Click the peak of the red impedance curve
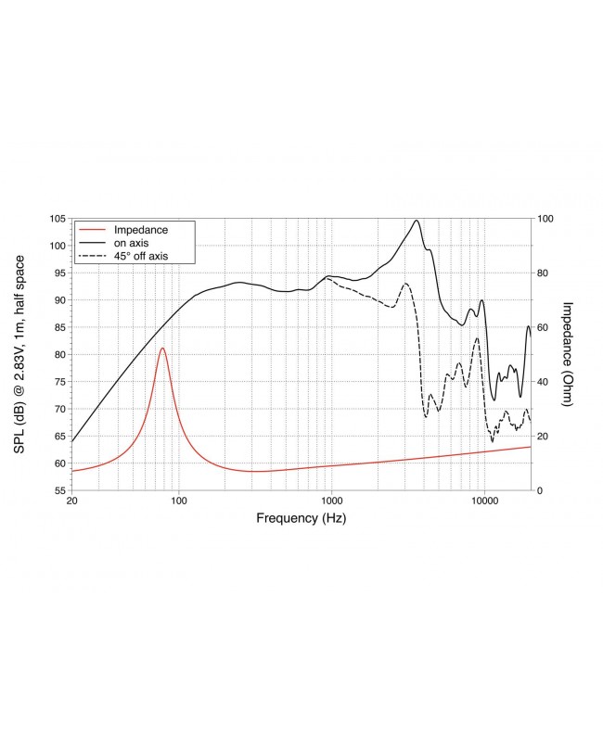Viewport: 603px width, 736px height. point(162,349)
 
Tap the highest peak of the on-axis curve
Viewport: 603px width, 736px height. point(417,221)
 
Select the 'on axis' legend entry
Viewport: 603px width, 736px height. point(133,242)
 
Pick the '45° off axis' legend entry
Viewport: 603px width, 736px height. point(141,255)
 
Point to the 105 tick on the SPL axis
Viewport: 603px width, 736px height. point(57,219)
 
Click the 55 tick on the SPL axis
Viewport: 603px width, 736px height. point(57,490)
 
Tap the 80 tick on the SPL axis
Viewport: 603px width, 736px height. point(57,354)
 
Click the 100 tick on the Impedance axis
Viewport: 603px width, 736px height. point(546,219)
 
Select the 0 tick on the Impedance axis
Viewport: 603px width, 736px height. point(540,490)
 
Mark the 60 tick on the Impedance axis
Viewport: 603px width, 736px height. point(544,327)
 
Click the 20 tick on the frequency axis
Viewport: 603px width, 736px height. point(72,501)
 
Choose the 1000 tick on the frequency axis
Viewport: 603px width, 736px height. point(331,501)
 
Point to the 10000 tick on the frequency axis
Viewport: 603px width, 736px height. point(484,501)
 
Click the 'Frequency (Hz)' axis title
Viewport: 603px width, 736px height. point(301,519)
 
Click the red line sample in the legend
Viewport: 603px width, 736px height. point(92,229)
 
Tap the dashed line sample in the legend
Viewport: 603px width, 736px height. point(92,255)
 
